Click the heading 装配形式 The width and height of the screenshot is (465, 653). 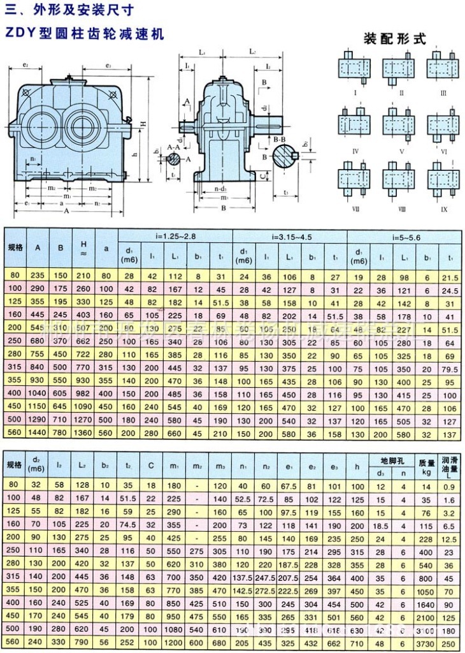pos(394,38)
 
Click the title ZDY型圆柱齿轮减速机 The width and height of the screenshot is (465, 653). pos(85,33)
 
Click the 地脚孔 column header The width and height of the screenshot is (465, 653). pos(392,460)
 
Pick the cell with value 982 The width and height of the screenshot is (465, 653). pos(81,394)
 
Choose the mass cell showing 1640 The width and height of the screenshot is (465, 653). pos(424,603)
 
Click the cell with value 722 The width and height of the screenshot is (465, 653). pos(81,355)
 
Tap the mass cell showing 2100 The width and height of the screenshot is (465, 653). pos(424,617)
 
